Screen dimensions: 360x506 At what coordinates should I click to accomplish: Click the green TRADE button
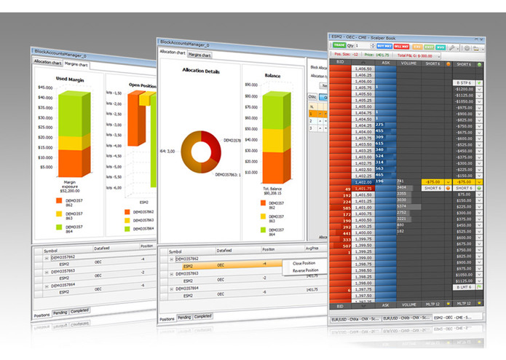[x=339, y=46]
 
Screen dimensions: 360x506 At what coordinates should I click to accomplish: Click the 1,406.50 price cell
[x=363, y=69]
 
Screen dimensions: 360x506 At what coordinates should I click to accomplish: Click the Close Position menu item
[x=305, y=263]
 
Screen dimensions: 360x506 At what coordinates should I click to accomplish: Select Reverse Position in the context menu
[x=307, y=270]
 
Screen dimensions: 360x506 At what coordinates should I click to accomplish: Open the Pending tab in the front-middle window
[x=185, y=317]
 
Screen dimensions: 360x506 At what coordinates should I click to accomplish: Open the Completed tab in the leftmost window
[x=79, y=310]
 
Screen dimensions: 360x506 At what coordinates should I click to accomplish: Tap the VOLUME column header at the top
[x=408, y=63]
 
